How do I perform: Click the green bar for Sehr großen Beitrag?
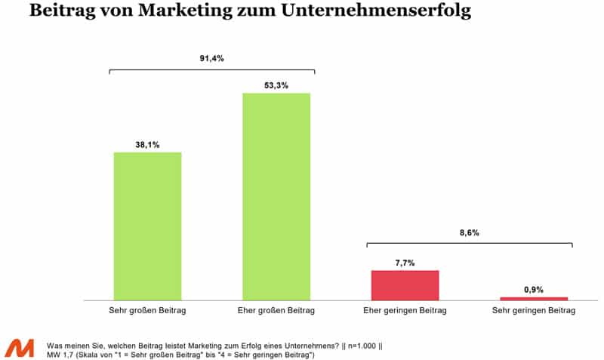tap(147, 226)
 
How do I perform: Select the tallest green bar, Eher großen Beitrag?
tap(276, 196)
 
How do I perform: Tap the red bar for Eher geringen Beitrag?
tap(405, 285)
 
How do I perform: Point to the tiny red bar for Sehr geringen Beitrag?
tap(534, 299)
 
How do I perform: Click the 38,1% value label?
tap(147, 144)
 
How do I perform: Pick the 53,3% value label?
tap(276, 85)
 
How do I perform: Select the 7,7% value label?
tap(405, 262)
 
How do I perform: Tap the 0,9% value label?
tap(534, 289)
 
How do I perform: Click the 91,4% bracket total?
tap(211, 58)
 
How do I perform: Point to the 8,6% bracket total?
tap(469, 233)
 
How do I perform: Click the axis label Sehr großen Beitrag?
tap(147, 311)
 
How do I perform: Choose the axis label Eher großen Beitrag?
tap(276, 311)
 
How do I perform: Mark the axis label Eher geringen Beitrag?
tap(405, 311)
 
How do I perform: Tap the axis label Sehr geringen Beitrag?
tap(534, 311)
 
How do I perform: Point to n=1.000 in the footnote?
tap(362, 343)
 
